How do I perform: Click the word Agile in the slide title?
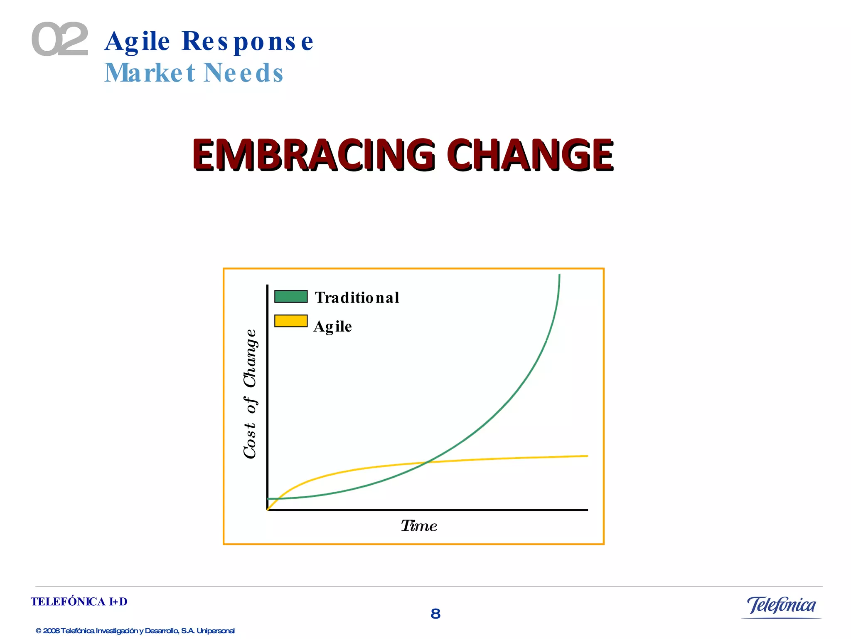pos(137,42)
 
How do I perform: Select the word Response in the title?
pos(247,42)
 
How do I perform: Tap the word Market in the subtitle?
pos(150,73)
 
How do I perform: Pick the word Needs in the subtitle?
pos(243,73)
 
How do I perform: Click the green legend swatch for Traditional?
pos(291,297)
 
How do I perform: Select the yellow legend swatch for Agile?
pos(291,321)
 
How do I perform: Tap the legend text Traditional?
pos(357,297)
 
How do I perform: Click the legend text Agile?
pos(332,326)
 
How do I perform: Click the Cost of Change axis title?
pos(250,394)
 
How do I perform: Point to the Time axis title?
pos(419,526)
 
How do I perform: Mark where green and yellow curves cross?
pos(427,462)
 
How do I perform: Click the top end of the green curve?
pos(559,276)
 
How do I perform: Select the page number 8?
pos(435,614)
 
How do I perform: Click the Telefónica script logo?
pos(781,605)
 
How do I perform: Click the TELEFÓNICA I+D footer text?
pos(79,602)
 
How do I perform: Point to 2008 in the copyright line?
pos(51,631)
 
